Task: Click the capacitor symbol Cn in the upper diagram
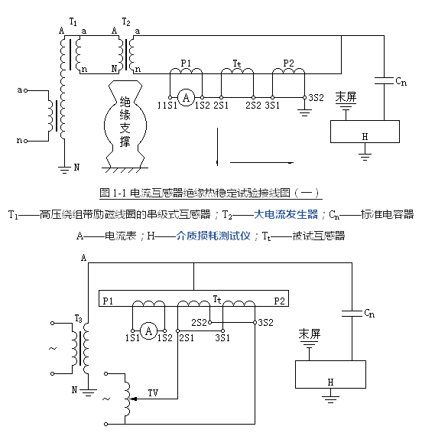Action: (x=384, y=80)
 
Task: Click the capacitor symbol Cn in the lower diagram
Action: (x=352, y=314)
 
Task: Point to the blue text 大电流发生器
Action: (x=286, y=214)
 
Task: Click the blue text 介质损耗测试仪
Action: (x=213, y=236)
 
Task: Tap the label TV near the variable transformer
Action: (x=153, y=392)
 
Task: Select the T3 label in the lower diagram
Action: (x=79, y=318)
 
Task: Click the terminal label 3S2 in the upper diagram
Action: (x=316, y=98)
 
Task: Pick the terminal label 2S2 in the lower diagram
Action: (x=199, y=323)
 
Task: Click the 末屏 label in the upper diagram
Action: (x=346, y=97)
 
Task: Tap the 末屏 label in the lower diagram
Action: (x=310, y=334)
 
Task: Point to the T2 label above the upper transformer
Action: (x=126, y=21)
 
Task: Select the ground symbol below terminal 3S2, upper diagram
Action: (x=304, y=112)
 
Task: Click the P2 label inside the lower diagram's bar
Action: (x=279, y=301)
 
